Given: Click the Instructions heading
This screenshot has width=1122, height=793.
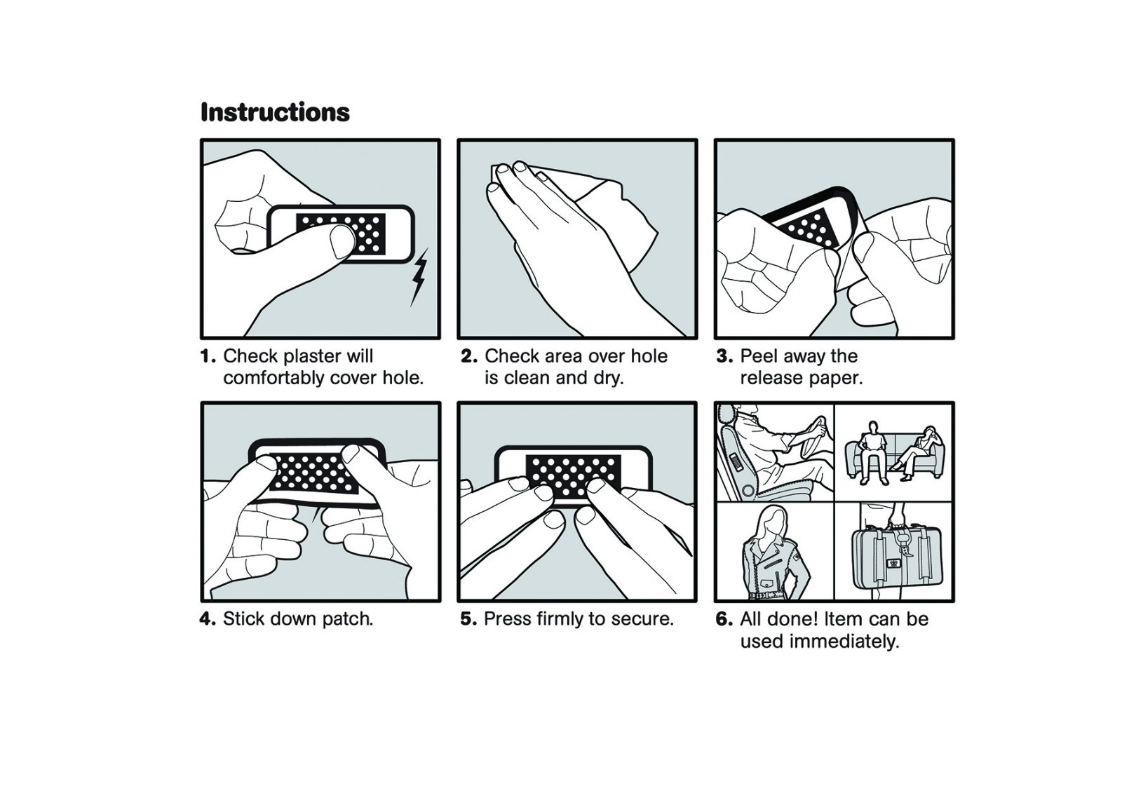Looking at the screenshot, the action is click(x=275, y=112).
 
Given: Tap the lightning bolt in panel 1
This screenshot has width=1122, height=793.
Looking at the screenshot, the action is click(x=419, y=276).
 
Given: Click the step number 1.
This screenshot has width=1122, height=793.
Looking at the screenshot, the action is click(x=208, y=356).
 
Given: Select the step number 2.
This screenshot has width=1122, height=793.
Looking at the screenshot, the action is click(x=469, y=356).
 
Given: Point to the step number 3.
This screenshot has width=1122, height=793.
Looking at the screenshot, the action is click(x=725, y=356).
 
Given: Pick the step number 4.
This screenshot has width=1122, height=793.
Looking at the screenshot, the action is click(x=208, y=618).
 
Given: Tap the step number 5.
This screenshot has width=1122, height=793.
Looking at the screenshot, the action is click(x=469, y=618).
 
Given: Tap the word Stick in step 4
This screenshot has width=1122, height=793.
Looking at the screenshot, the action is click(x=244, y=618).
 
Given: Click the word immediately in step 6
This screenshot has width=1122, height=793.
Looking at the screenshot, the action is click(x=841, y=642).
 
